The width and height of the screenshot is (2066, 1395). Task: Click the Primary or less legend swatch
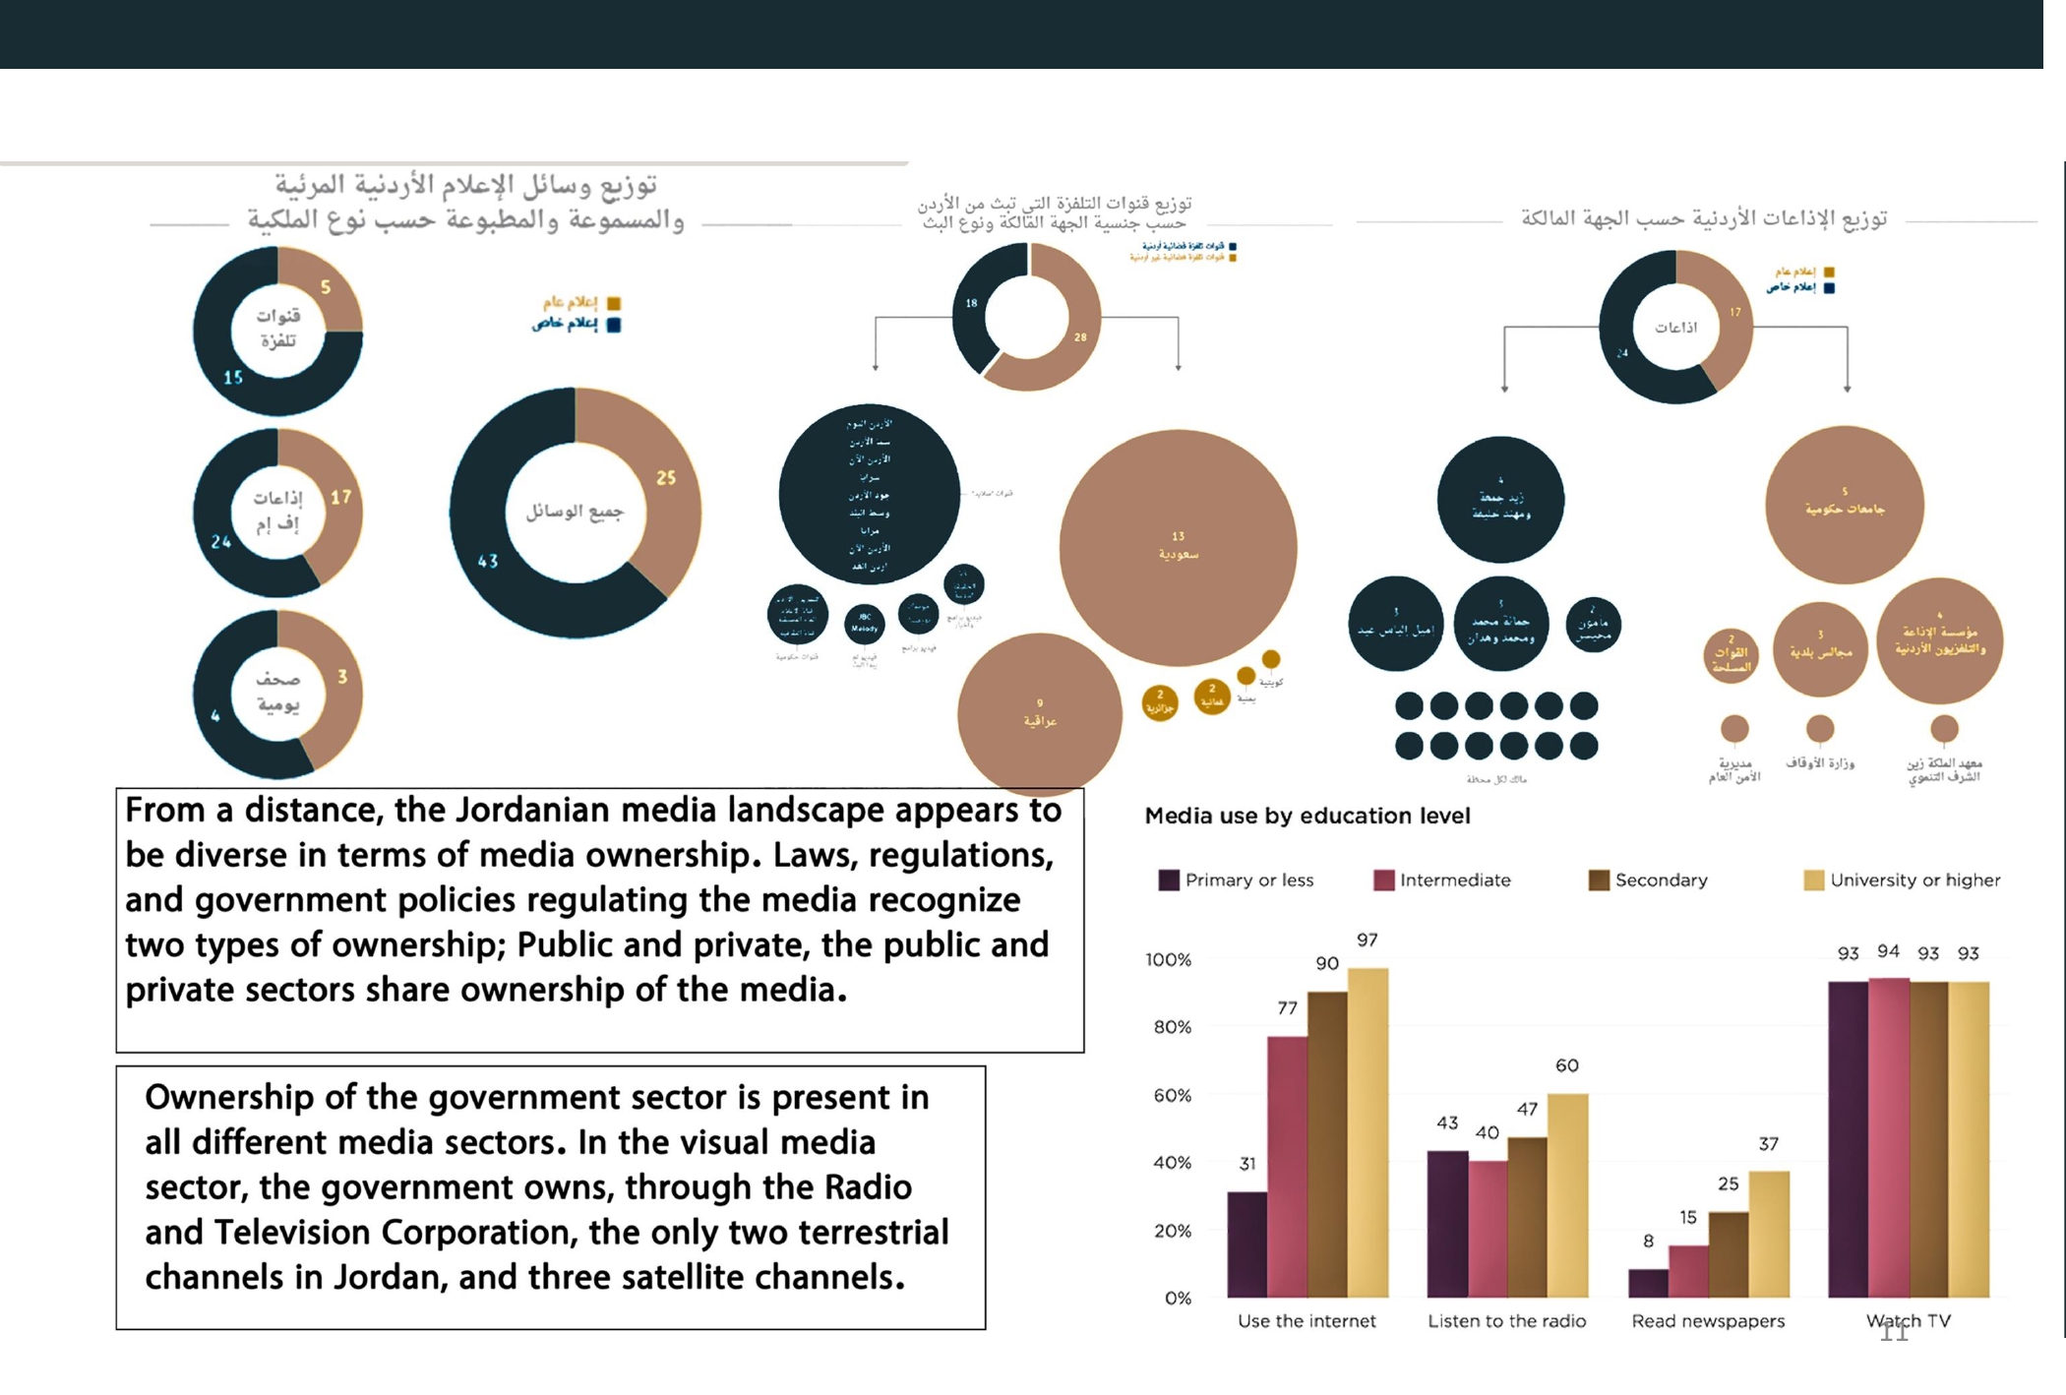1169,880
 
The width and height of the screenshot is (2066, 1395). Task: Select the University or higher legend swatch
1813,880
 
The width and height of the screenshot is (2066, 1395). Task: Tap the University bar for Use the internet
1367,1131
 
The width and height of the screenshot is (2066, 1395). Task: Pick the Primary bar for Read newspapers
1648,1283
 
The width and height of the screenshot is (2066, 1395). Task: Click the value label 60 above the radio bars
1567,1065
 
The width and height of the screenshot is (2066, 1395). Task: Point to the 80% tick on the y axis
1172,1027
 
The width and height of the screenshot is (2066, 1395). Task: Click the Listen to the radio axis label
1506,1321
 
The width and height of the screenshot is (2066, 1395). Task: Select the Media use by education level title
1307,816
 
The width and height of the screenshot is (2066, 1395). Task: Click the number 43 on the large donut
488,561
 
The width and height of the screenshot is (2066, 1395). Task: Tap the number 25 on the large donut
666,478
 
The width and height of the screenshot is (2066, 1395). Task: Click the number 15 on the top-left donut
233,377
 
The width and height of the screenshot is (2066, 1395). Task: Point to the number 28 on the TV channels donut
1080,337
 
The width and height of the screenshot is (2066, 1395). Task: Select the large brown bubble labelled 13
1178,546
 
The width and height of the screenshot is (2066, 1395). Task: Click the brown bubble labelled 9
1039,712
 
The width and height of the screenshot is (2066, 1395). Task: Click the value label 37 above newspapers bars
1769,1144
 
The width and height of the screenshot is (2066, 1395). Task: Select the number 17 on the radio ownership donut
1735,313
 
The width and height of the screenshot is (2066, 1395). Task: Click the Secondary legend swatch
1599,880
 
